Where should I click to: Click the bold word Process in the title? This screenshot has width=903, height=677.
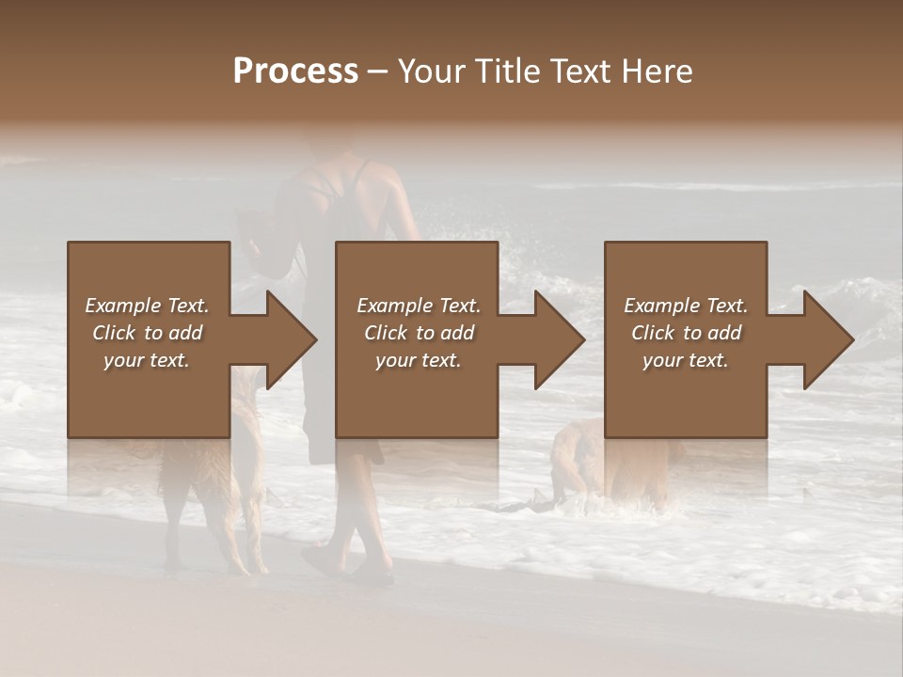point(295,71)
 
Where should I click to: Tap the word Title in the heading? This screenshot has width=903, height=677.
point(503,71)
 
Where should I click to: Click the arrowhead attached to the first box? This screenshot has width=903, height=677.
point(288,340)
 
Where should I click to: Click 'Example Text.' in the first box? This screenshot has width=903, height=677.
point(147,306)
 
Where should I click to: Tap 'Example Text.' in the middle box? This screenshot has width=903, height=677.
point(419,306)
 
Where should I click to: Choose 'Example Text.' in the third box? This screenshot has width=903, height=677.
point(686,306)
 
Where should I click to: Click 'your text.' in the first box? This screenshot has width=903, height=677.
point(147,360)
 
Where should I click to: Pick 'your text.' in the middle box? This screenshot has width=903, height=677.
point(419,360)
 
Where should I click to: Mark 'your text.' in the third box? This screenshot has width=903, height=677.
point(686,360)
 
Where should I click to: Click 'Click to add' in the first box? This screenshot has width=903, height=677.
point(147,333)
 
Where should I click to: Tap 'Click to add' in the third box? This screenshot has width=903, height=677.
point(686,333)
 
